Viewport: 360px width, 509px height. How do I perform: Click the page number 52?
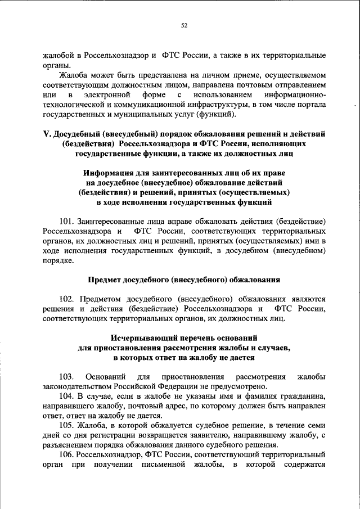[x=184, y=25]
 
